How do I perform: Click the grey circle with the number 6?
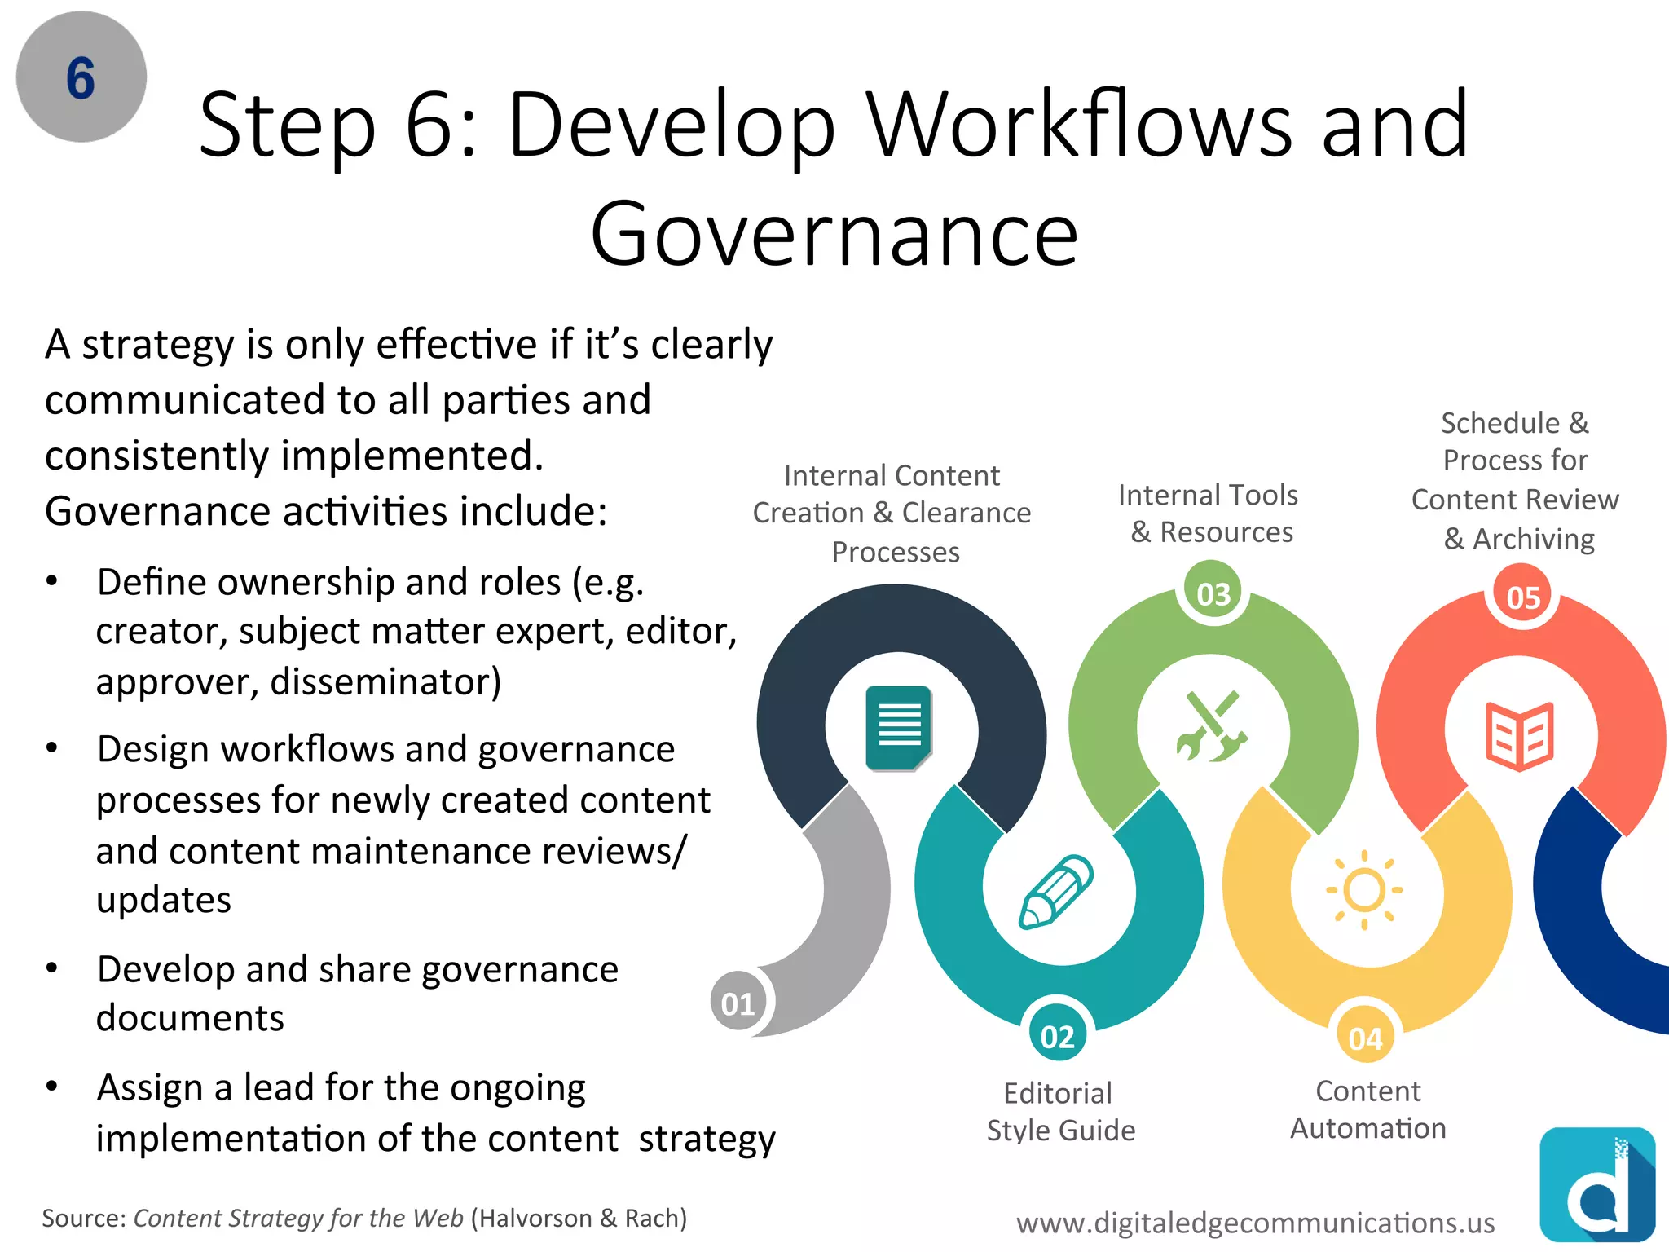coord(81,77)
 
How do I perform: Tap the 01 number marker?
coord(738,1003)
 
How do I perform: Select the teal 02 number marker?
coord(1057,1036)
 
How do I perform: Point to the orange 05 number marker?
coord(1522,597)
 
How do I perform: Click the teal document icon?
coord(899,728)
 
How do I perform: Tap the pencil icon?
coord(1056,892)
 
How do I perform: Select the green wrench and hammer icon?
coord(1212,727)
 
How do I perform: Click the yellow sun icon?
coord(1364,890)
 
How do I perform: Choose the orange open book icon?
coord(1520,735)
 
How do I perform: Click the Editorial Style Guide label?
coord(1059,1111)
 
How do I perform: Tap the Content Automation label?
coord(1367,1109)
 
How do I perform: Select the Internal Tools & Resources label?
coord(1209,513)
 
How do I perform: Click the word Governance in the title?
coord(834,234)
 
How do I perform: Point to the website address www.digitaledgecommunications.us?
coord(1255,1222)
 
